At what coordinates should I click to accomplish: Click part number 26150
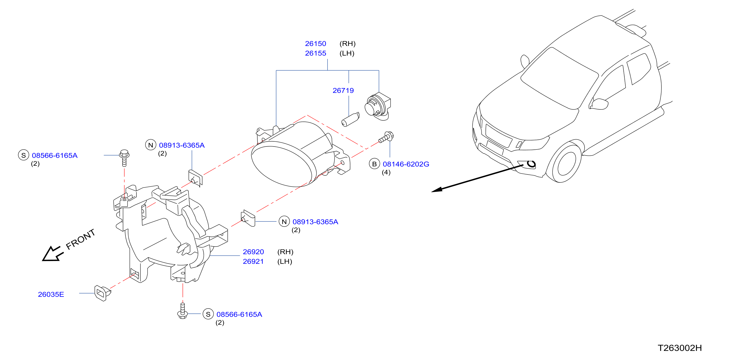315,44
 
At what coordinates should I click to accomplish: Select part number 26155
315,53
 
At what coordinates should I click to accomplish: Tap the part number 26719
343,91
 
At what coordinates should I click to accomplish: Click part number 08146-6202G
406,164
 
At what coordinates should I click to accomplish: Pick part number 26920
253,252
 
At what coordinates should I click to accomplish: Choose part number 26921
253,262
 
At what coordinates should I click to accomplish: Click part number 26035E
51,295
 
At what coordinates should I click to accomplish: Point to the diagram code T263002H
680,348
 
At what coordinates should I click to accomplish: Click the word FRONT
81,239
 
